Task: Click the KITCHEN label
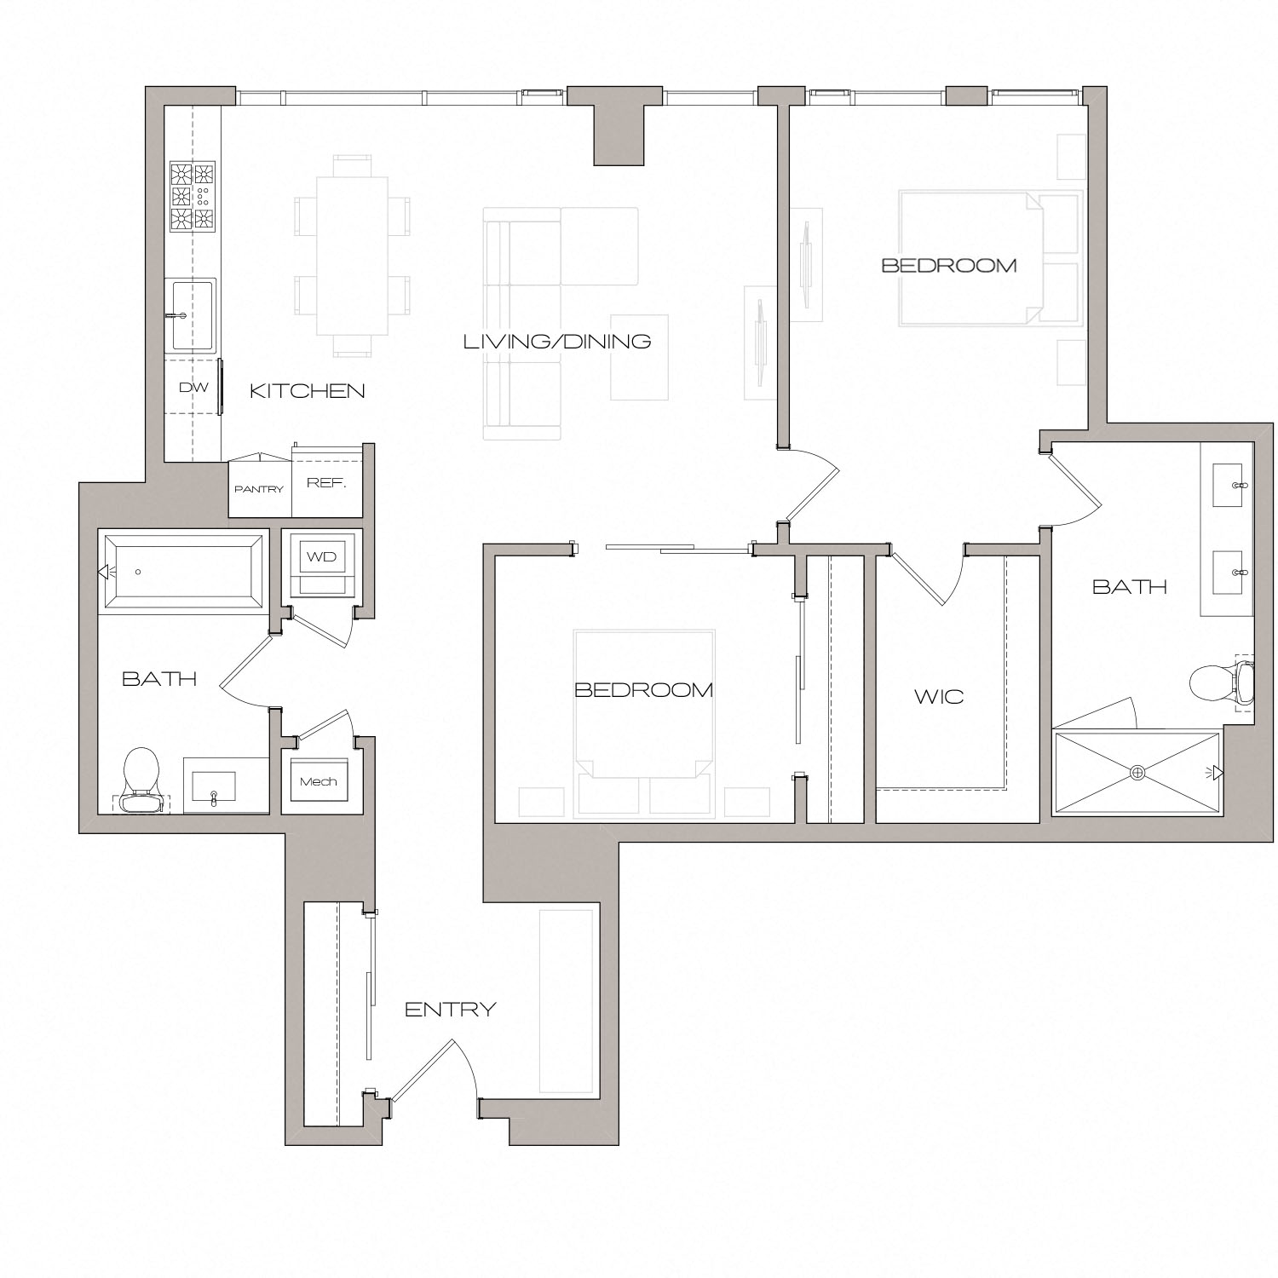click(x=307, y=391)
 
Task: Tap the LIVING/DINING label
click(x=557, y=342)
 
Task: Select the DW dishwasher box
click(x=193, y=388)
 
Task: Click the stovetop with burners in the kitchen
click(x=193, y=197)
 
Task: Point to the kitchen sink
click(x=191, y=315)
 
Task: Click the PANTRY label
click(x=259, y=489)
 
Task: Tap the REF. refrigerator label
click(x=326, y=483)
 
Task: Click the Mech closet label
click(x=318, y=781)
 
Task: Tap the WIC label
click(x=939, y=697)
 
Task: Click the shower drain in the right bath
click(x=1137, y=772)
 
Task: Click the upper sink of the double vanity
click(x=1229, y=486)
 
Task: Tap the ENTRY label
click(x=450, y=1010)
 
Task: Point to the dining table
click(x=352, y=255)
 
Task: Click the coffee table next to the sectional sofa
click(x=639, y=357)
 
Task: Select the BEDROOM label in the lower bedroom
click(x=643, y=690)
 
